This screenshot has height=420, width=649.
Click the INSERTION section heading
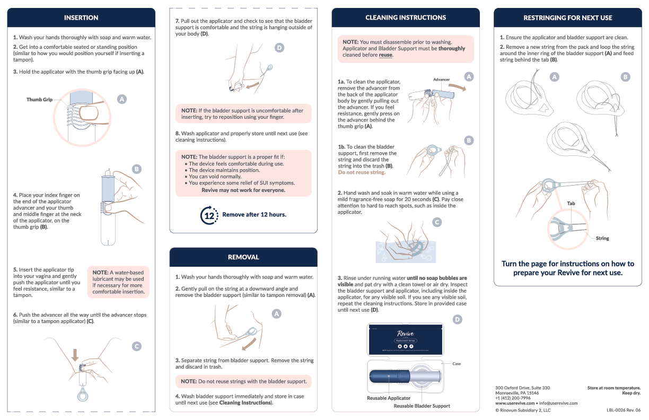81,17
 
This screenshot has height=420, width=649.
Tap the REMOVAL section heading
243,257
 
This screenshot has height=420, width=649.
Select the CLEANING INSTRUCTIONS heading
406,17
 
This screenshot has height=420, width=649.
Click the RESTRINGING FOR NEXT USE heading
567,17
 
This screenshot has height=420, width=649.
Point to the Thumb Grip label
40,100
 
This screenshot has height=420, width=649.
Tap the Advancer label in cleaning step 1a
441,80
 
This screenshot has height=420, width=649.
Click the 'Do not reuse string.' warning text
362,172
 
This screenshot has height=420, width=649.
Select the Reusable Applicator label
389,398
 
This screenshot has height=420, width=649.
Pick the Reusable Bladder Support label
422,406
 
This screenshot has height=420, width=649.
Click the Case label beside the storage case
457,364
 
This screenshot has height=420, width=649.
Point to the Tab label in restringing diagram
571,204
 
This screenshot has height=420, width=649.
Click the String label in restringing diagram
602,239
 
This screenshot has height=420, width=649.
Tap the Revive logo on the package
406,333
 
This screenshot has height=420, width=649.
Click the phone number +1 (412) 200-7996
513,398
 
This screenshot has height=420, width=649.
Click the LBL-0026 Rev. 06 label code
624,410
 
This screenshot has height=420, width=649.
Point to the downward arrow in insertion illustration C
75,354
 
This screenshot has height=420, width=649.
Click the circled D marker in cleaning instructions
457,319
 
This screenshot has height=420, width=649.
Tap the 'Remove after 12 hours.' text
254,215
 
